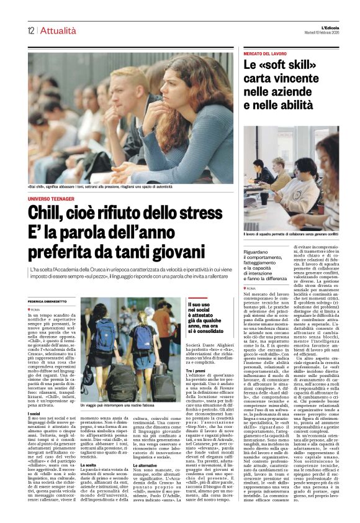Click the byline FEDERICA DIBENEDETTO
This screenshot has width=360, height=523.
(x=50, y=301)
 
